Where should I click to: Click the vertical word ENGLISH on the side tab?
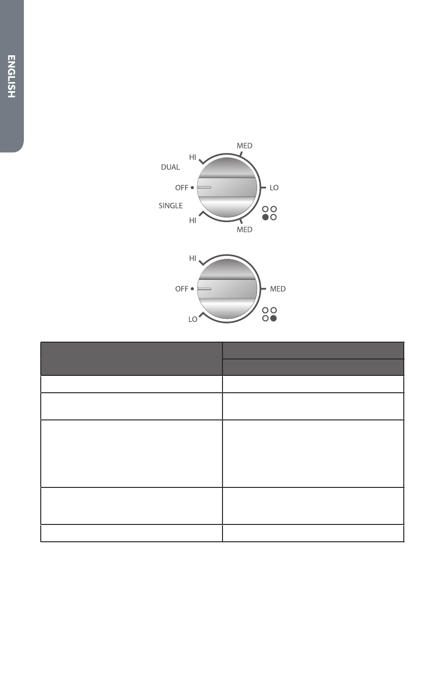pyautogui.click(x=11, y=76)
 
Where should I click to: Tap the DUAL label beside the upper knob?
pyautogui.click(x=171, y=167)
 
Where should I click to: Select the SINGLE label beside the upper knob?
pyautogui.click(x=171, y=205)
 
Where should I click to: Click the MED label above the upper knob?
pyautogui.click(x=245, y=146)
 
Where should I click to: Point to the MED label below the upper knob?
pyautogui.click(x=245, y=230)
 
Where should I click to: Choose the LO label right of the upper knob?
pyautogui.click(x=274, y=187)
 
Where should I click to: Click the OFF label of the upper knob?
pyautogui.click(x=182, y=187)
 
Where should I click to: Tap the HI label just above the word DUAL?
pyautogui.click(x=193, y=157)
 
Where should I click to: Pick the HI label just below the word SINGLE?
pyautogui.click(x=193, y=221)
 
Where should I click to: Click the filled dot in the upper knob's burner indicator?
pyautogui.click(x=266, y=217)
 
